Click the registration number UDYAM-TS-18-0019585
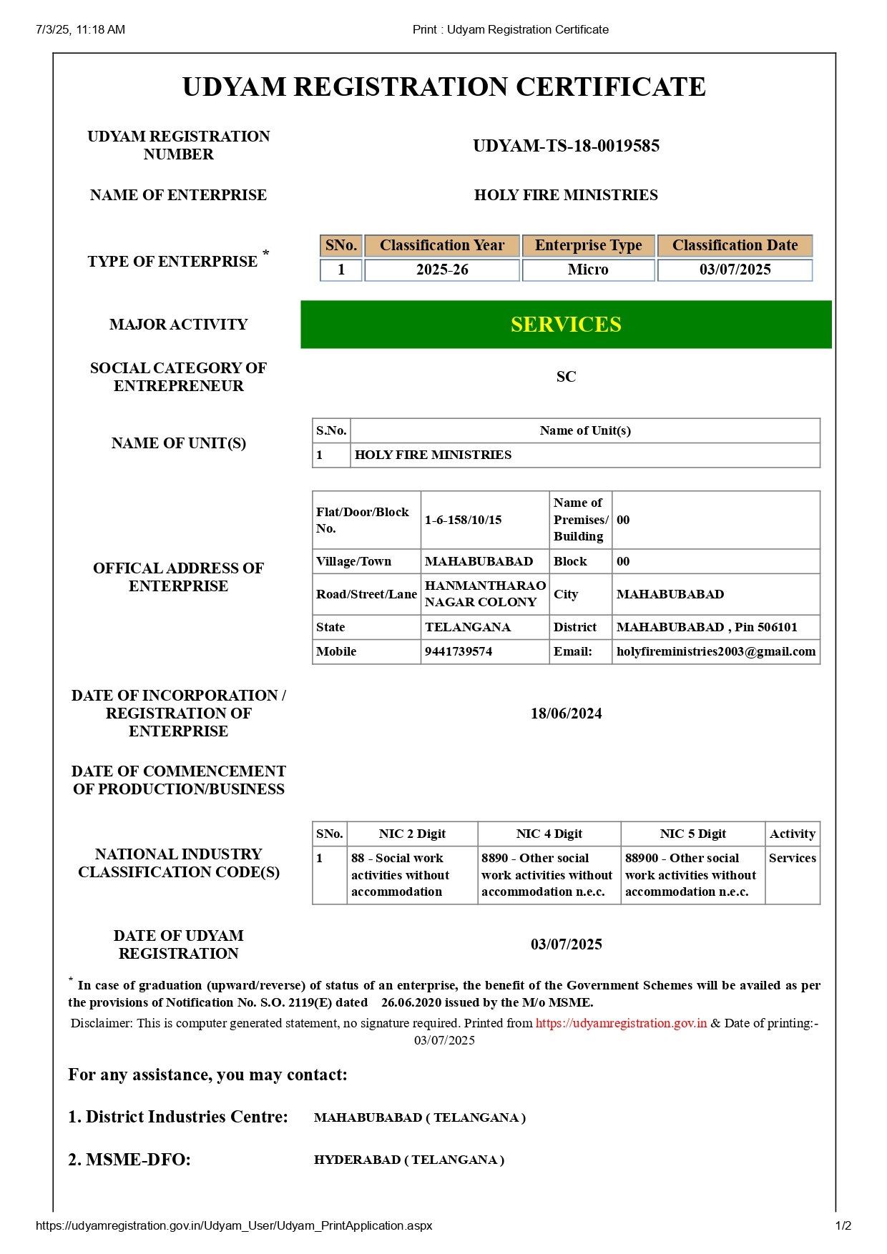tap(566, 146)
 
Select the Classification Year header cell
tap(442, 245)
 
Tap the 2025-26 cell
tap(442, 270)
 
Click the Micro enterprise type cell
tap(588, 270)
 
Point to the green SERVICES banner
tap(566, 325)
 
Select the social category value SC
tap(566, 377)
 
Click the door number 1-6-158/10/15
tap(463, 520)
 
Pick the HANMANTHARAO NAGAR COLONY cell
tap(484, 593)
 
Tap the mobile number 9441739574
tap(459, 651)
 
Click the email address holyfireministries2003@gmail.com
tap(715, 651)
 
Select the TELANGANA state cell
tap(468, 627)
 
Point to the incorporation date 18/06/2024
tap(566, 714)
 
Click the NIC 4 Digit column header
tap(549, 834)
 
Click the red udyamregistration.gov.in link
tap(621, 1023)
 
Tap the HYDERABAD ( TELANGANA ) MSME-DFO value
tap(408, 1160)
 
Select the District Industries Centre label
tap(178, 1117)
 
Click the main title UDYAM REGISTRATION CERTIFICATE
tap(443, 87)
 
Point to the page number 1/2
tap(843, 1225)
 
